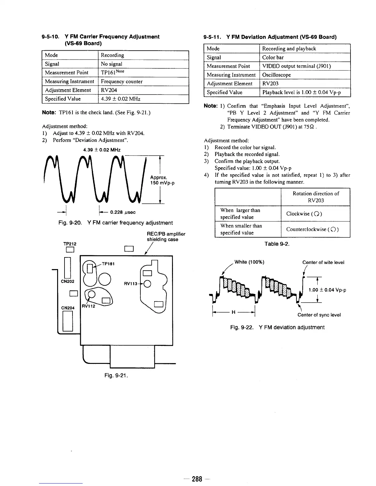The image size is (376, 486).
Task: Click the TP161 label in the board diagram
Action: pyautogui.click(x=108, y=264)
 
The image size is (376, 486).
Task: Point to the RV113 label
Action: pyautogui.click(x=130, y=283)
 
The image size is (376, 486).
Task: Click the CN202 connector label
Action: pyautogui.click(x=68, y=281)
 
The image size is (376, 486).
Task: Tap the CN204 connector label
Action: pyautogui.click(x=68, y=308)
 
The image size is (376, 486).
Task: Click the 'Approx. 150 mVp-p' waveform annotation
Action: pyautogui.click(x=159, y=180)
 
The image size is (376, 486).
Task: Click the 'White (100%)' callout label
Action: pyautogui.click(x=249, y=262)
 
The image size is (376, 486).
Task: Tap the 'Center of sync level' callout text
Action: pyautogui.click(x=319, y=315)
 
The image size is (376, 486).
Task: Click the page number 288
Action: pyautogui.click(x=197, y=479)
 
